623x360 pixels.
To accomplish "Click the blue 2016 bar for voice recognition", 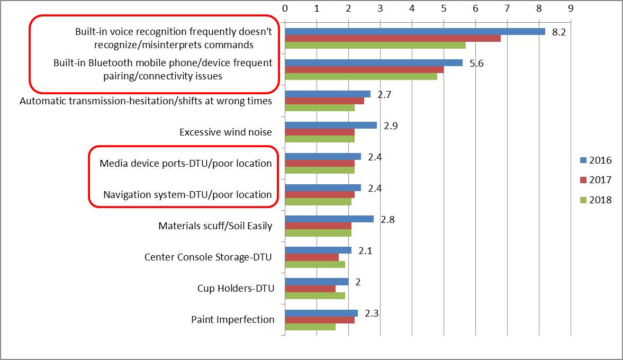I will point(415,31).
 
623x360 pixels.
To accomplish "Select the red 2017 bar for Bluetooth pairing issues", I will point(364,69).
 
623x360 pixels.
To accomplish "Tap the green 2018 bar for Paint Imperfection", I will point(310,327).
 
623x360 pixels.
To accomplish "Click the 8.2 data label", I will point(559,32).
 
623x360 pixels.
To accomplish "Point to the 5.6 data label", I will point(476,63).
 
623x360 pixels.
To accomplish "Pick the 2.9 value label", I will point(391,125).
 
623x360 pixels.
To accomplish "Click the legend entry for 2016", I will point(596,160).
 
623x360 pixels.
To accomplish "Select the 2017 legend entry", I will point(596,180).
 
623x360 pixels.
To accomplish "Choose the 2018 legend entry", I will point(596,200).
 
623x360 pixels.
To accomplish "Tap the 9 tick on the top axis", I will point(571,8).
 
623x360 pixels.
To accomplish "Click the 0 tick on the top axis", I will point(285,8).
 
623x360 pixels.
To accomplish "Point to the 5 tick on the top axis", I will point(444,8).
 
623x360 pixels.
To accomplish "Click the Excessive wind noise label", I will point(225,132).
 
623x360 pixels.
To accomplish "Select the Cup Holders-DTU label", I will point(235,289).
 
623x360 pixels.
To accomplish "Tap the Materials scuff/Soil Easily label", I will point(215,226).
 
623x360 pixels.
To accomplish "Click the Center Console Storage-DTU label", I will point(208,257).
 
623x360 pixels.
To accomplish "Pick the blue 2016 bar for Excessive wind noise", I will point(331,125).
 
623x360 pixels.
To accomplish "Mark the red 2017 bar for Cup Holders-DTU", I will point(310,289).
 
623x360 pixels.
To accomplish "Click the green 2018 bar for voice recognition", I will point(375,45).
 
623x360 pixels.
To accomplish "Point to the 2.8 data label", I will point(387,219).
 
